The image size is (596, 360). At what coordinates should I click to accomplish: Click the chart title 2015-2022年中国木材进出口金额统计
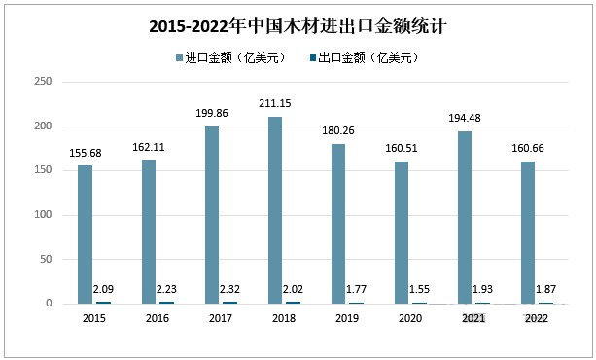click(x=298, y=26)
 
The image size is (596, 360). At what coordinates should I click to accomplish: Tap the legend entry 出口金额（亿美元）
click(x=368, y=58)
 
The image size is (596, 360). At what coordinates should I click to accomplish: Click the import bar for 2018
click(x=274, y=210)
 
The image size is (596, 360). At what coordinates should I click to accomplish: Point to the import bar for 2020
click(x=401, y=233)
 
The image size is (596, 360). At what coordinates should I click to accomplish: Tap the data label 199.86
click(x=211, y=115)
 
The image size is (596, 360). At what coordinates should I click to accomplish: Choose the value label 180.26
click(x=337, y=132)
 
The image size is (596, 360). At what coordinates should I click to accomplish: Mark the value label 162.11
click(x=148, y=148)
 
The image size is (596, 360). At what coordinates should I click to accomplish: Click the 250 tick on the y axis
click(x=42, y=82)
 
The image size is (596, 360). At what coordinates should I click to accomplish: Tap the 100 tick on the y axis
click(x=42, y=215)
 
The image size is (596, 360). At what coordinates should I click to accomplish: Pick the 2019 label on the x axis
click(x=347, y=318)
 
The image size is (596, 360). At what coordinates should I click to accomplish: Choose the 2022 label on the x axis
click(x=537, y=318)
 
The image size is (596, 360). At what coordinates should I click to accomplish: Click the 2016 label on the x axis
click(x=158, y=318)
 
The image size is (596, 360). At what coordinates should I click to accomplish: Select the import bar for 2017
click(x=211, y=215)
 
